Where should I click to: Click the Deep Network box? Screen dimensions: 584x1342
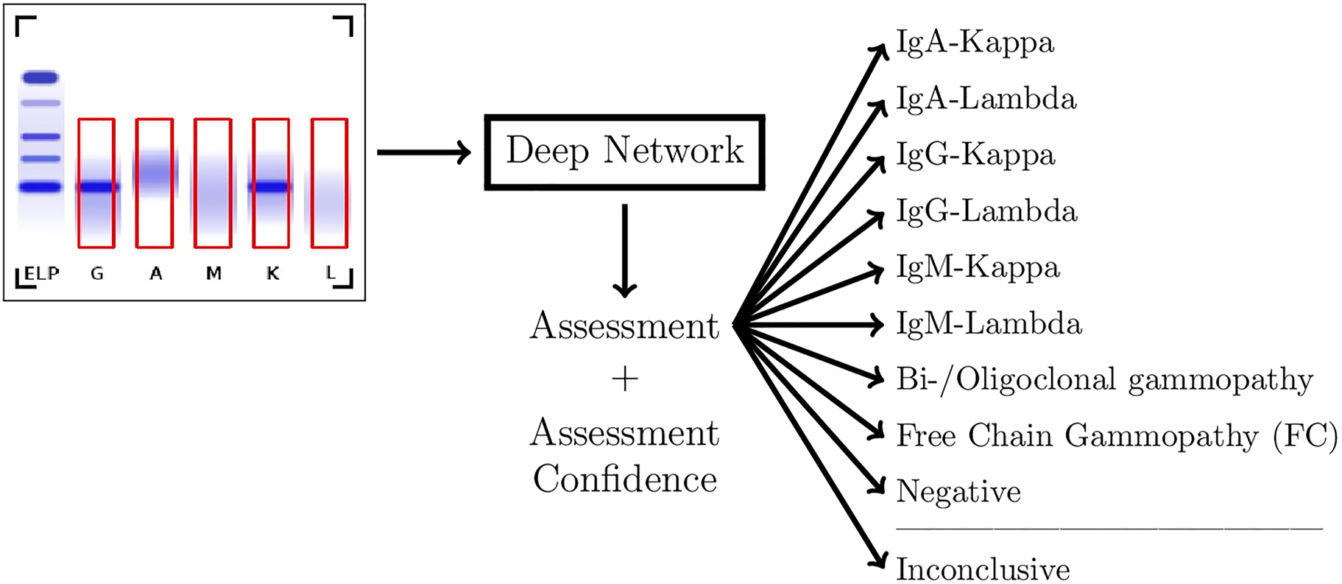click(x=624, y=152)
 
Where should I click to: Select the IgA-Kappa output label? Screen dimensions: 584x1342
click(x=975, y=43)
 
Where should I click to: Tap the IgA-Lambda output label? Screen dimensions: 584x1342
click(x=986, y=99)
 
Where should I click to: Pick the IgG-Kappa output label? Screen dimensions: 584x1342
click(x=975, y=155)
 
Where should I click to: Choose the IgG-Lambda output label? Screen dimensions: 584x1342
click(x=986, y=211)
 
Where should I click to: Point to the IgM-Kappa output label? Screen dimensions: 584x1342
click(x=978, y=267)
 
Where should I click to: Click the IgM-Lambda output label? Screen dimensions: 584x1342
click(x=989, y=324)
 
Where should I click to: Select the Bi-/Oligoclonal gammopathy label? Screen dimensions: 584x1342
click(x=1104, y=380)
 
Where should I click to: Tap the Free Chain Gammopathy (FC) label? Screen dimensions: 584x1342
click(x=1116, y=436)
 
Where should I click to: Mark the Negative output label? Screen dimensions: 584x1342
click(x=958, y=492)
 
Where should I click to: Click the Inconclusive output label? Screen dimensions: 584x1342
click(x=983, y=569)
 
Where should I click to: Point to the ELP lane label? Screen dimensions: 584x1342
click(x=41, y=274)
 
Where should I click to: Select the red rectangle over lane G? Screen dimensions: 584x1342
click(x=96, y=183)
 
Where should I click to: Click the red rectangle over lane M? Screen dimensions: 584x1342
click(x=213, y=183)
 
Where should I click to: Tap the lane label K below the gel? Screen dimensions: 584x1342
click(x=272, y=274)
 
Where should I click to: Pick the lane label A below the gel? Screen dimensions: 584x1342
click(x=155, y=274)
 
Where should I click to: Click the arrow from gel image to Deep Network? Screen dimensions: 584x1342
click(x=423, y=152)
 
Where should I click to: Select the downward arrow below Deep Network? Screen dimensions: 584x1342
click(x=624, y=250)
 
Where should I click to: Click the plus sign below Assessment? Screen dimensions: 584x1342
click(x=624, y=379)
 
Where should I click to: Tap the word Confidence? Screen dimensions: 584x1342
click(x=624, y=479)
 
